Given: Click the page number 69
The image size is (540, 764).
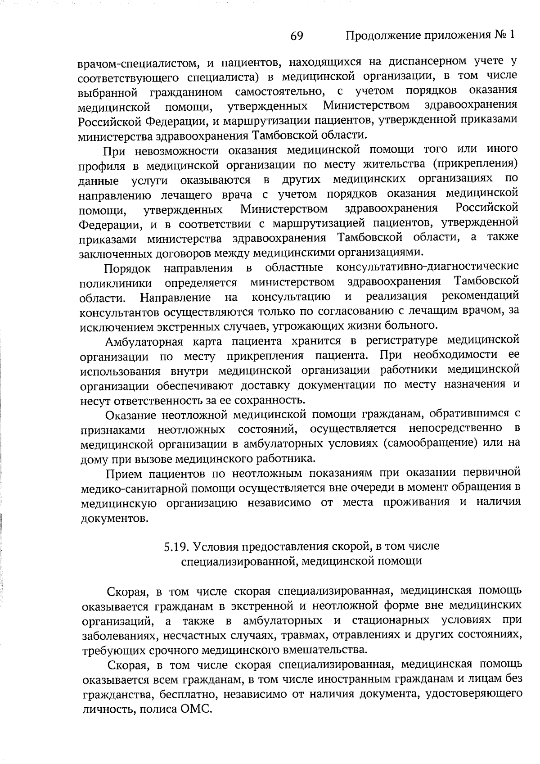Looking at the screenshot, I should click(297, 36).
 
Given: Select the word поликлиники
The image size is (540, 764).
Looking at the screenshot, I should click(116, 284).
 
